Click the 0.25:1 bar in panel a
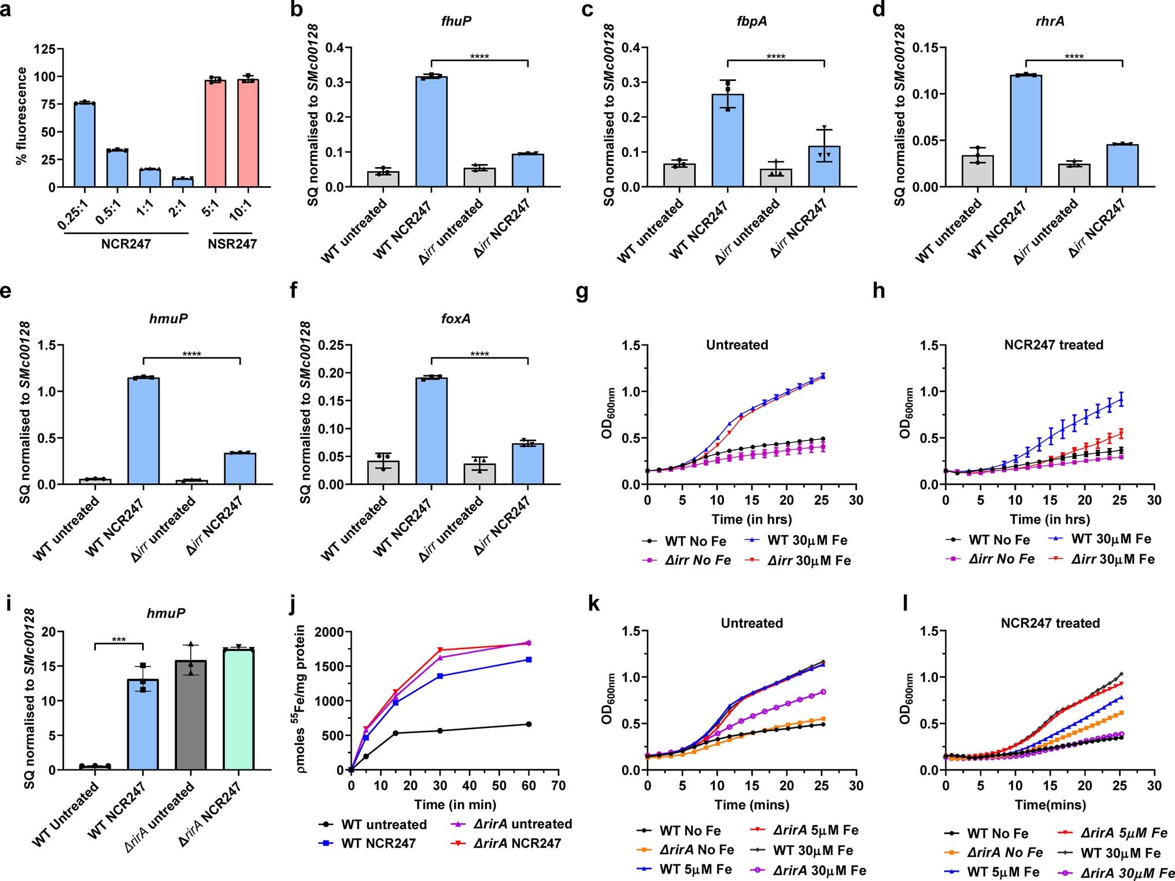pos(84,145)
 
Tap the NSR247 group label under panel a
pos(232,243)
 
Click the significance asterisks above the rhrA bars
pos(1074,57)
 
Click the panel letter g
pos(582,293)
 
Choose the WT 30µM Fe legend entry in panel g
pos(807,540)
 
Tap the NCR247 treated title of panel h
pos(1054,345)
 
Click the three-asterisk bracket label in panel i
pos(118,639)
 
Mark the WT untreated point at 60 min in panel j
pos(529,724)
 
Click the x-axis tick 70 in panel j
pos(558,786)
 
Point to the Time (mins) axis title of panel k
pos(751,804)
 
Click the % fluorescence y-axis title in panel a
pos(22,116)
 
